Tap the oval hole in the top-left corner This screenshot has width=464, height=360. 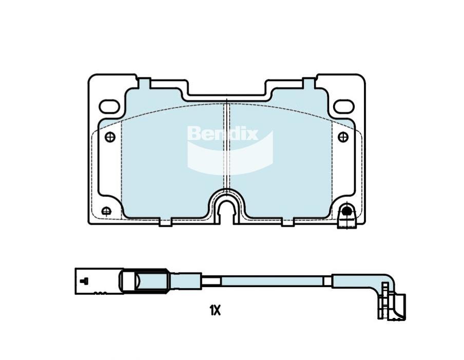[109, 107]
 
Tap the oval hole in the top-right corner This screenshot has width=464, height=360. [343, 107]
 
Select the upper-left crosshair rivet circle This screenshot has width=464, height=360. [110, 137]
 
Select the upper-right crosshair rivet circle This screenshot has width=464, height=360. [343, 137]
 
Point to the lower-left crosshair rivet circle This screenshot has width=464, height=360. [106, 211]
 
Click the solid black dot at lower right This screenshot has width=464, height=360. [347, 210]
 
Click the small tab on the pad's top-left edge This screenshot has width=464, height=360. [144, 82]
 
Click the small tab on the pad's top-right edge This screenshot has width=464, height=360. [308, 82]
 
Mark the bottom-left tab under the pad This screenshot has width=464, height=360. [165, 222]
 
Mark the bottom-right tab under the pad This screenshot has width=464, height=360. [288, 222]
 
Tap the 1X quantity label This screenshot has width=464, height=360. [215, 310]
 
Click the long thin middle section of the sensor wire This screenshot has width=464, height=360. [272, 281]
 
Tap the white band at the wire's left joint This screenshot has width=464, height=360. [210, 281]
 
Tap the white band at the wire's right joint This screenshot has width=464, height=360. [327, 281]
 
